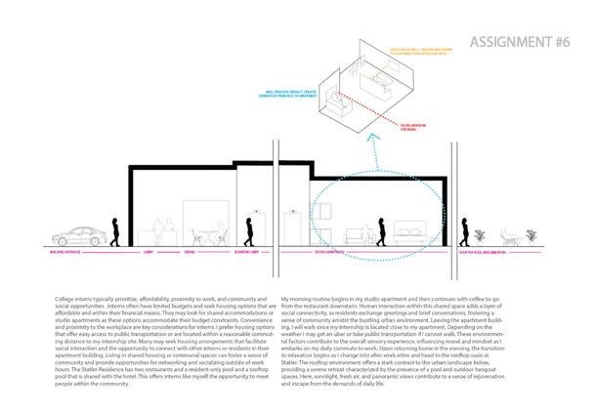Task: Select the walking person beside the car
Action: [x=115, y=231]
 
